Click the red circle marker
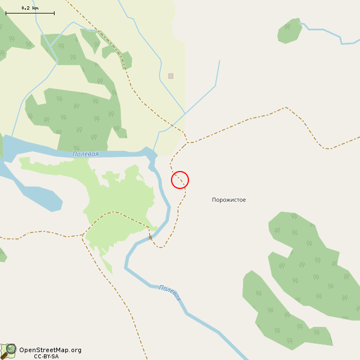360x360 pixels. click(x=180, y=180)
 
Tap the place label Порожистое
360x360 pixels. click(x=228, y=200)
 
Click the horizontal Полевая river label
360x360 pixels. click(x=85, y=154)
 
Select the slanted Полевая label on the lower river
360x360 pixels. click(x=170, y=292)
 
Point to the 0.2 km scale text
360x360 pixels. click(x=30, y=8)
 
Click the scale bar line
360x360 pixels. click(x=30, y=13)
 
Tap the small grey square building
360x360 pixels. click(x=170, y=76)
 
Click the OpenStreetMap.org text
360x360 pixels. click(x=50, y=350)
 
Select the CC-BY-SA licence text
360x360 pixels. click(x=46, y=356)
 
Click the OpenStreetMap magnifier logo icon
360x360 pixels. click(x=8, y=351)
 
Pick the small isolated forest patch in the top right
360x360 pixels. click(x=289, y=31)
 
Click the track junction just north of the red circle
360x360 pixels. click(x=187, y=142)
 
